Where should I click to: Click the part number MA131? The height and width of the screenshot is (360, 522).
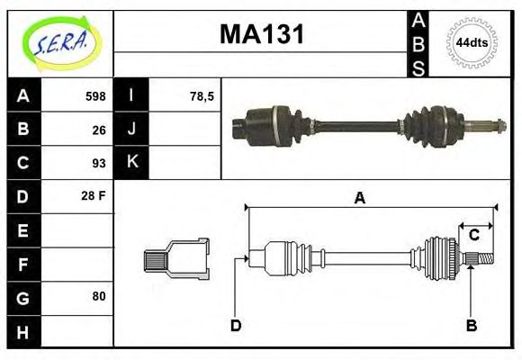coord(262,36)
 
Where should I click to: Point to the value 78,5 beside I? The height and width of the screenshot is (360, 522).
coord(202,96)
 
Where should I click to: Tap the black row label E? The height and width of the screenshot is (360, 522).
coord(23,229)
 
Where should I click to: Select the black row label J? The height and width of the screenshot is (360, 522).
coord(132,130)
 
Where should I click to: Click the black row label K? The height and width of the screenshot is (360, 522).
coord(132,163)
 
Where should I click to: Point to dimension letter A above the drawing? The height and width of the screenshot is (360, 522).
coord(360,199)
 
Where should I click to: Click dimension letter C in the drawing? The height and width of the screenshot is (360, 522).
coord(473,236)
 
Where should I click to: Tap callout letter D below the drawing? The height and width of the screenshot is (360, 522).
coord(236,325)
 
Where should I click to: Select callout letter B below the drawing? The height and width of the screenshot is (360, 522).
coord(471,325)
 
